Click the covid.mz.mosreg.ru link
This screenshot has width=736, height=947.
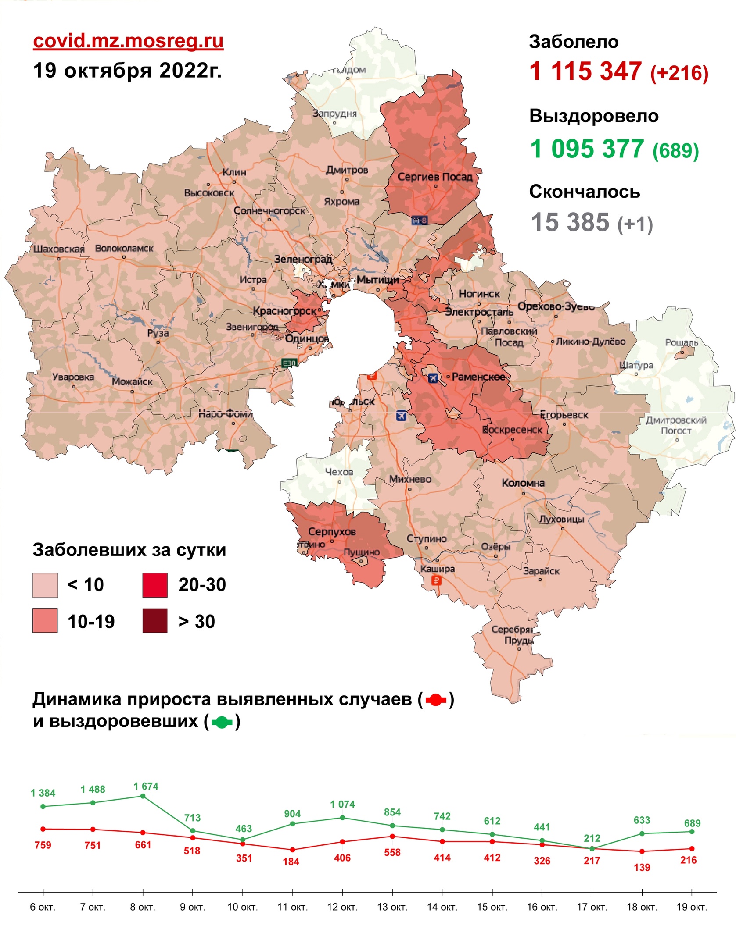click(x=128, y=41)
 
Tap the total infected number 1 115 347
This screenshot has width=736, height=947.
click(x=585, y=71)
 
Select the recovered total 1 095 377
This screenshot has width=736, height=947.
click(x=586, y=149)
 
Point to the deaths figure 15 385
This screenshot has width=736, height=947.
click(x=570, y=222)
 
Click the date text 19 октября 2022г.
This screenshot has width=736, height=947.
click(x=127, y=70)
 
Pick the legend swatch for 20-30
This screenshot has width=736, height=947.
click(x=155, y=585)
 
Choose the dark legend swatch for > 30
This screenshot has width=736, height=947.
click(x=155, y=620)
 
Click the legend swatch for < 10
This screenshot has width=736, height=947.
click(x=45, y=585)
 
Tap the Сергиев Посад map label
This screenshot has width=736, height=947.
click(x=434, y=177)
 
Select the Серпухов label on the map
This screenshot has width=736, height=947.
click(x=332, y=532)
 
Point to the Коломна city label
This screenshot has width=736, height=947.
click(x=523, y=483)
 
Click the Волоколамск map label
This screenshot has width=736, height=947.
click(x=124, y=249)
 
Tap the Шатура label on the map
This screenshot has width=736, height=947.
click(x=636, y=365)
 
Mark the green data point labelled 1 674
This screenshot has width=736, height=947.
click(x=143, y=796)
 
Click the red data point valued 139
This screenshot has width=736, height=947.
click(x=642, y=851)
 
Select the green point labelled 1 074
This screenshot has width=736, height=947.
click(x=342, y=818)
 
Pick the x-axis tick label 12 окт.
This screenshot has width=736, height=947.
click(x=342, y=907)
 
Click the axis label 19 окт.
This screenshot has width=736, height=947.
click(x=692, y=907)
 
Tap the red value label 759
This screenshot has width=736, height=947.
click(x=43, y=845)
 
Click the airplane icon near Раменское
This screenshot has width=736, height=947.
click(x=433, y=378)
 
